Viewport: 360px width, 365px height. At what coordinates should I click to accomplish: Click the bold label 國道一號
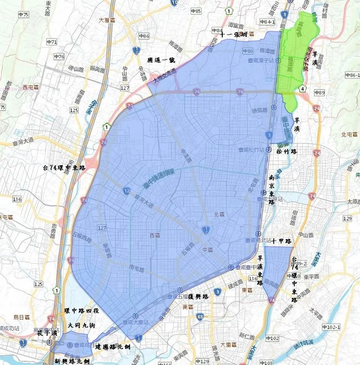click(x=161, y=59)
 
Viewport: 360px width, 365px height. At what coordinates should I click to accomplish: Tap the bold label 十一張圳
click(x=234, y=35)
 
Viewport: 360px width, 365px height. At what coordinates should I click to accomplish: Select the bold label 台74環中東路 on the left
click(x=63, y=168)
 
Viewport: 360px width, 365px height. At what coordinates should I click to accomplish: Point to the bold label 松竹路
click(x=287, y=151)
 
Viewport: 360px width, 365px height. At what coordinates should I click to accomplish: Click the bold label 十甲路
click(x=281, y=241)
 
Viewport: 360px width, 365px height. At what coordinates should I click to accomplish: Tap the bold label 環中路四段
click(x=82, y=311)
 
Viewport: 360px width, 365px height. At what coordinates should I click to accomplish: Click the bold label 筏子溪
click(x=48, y=333)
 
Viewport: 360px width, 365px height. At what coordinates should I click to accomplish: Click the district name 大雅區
click(x=107, y=21)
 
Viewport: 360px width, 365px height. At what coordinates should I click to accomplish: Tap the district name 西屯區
click(x=30, y=87)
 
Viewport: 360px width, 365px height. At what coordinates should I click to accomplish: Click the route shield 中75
click(x=23, y=14)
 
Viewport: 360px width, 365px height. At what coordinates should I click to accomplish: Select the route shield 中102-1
click(x=331, y=327)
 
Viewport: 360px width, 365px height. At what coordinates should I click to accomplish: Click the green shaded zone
click(x=297, y=58)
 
